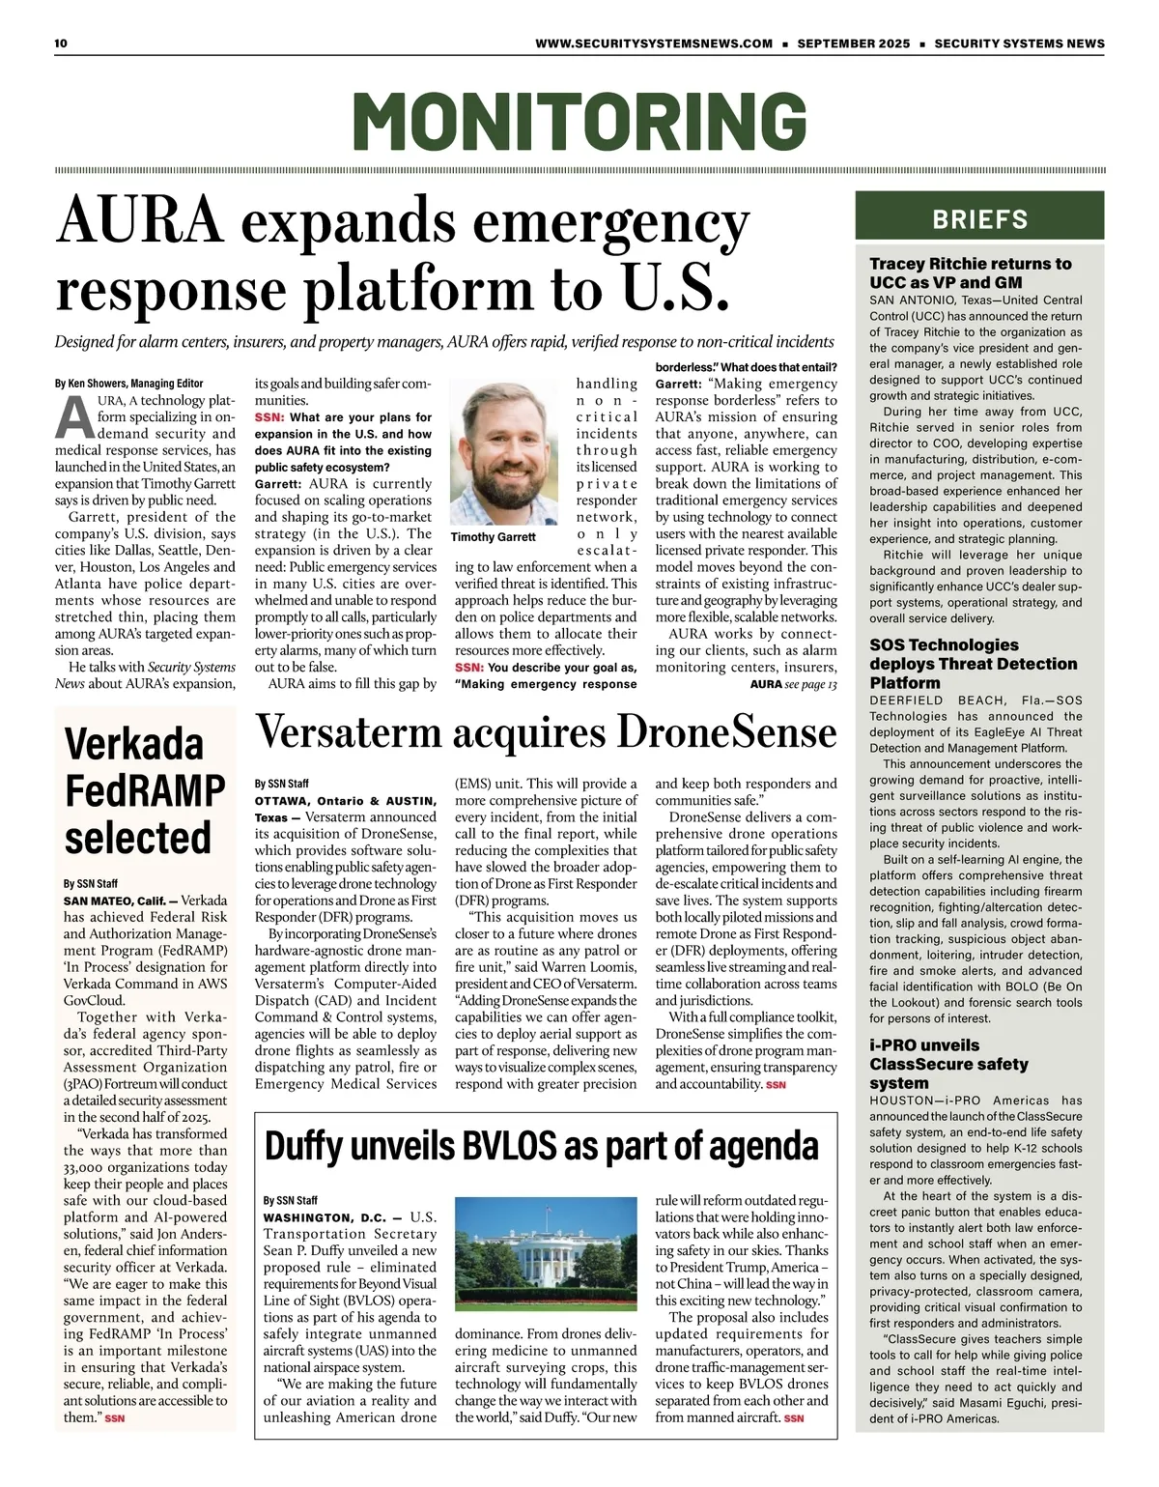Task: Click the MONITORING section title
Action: pos(579,121)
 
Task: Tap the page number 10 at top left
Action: pos(61,43)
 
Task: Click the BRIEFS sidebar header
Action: pos(979,219)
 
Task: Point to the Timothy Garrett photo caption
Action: pos(493,537)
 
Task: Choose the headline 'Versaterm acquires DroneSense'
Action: pos(546,732)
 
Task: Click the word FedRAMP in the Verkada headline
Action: pos(145,790)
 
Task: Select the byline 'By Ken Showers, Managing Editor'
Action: pos(129,384)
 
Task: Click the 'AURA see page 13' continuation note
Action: pos(793,684)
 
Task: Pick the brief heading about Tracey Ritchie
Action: pos(970,272)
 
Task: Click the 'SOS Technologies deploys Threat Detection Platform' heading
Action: pos(973,664)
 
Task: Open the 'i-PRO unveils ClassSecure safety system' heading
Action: pos(948,1064)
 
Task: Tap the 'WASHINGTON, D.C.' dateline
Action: pos(325,1217)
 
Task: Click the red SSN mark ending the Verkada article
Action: pos(115,1418)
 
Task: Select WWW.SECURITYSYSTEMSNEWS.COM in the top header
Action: pos(654,43)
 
